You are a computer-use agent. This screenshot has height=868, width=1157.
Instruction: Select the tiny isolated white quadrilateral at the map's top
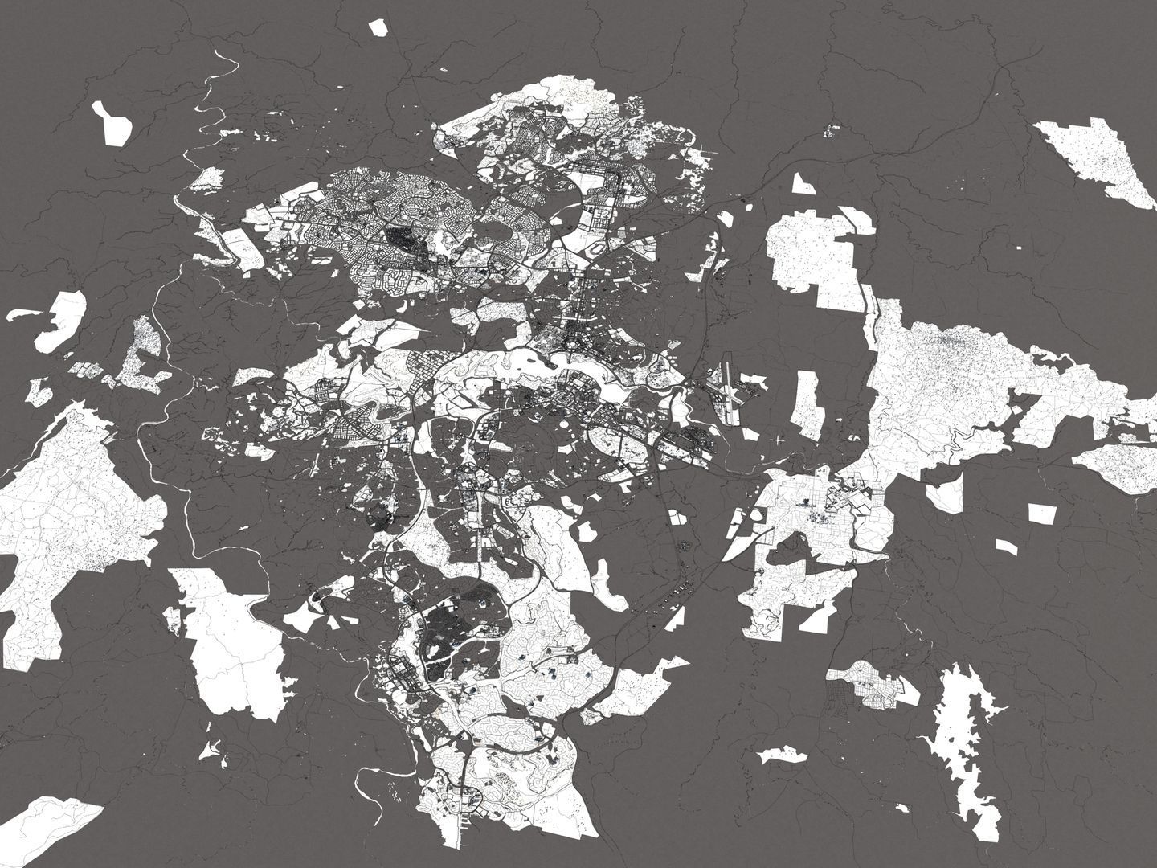[x=378, y=27]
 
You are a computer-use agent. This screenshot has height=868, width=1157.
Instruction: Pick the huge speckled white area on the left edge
[x=64, y=514]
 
